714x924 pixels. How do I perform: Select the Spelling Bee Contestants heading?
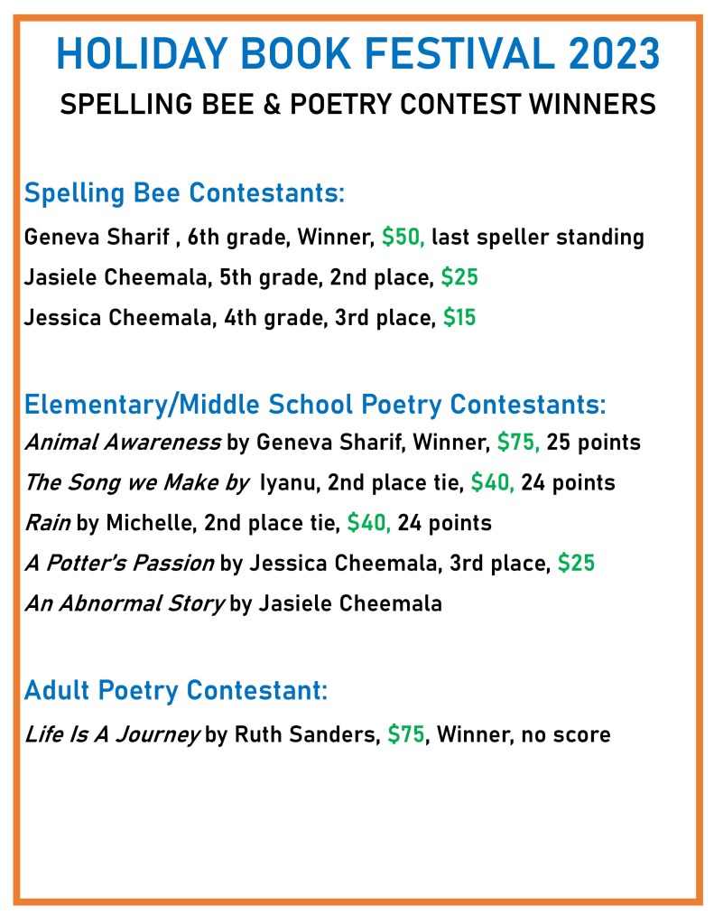pyautogui.click(x=185, y=193)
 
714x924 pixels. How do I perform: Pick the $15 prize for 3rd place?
pyautogui.click(x=459, y=318)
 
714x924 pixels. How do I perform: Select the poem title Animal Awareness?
pyautogui.click(x=122, y=443)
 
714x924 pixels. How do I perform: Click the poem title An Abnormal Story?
pyautogui.click(x=124, y=603)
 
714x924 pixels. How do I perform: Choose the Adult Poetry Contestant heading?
pyautogui.click(x=175, y=691)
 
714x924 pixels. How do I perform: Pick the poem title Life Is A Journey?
pyautogui.click(x=112, y=734)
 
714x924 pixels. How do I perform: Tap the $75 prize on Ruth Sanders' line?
pyautogui.click(x=406, y=734)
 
